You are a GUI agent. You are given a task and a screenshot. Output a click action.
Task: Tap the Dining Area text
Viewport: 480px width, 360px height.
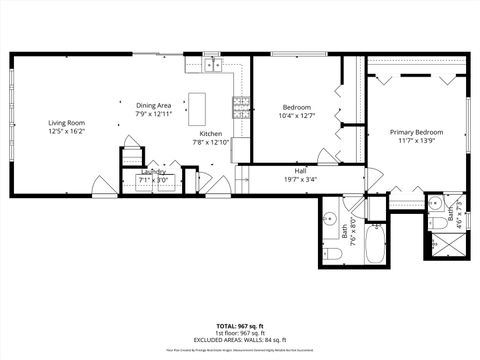click(x=154, y=105)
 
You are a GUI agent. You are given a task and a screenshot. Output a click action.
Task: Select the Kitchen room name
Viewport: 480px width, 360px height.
click(x=211, y=134)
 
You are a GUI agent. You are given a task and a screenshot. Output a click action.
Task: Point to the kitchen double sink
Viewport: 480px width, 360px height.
click(x=212, y=66)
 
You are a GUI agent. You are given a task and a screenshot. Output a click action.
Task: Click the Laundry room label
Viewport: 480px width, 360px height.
click(x=154, y=172)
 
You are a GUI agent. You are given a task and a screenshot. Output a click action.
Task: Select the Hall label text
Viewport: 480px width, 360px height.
click(x=300, y=171)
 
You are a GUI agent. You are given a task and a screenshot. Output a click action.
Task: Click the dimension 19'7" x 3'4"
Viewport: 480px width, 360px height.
click(x=300, y=180)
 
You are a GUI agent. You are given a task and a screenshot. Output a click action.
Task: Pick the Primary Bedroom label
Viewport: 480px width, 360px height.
click(x=416, y=131)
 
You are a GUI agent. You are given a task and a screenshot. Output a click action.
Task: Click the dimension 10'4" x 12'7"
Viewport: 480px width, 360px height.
click(x=297, y=116)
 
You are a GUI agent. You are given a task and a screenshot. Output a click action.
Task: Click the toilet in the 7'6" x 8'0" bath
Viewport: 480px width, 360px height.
click(x=335, y=255)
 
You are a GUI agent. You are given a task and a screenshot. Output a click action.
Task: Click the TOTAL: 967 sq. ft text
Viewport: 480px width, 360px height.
click(x=240, y=326)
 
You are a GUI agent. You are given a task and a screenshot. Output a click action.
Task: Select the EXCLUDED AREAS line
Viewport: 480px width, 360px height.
click(x=240, y=341)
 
